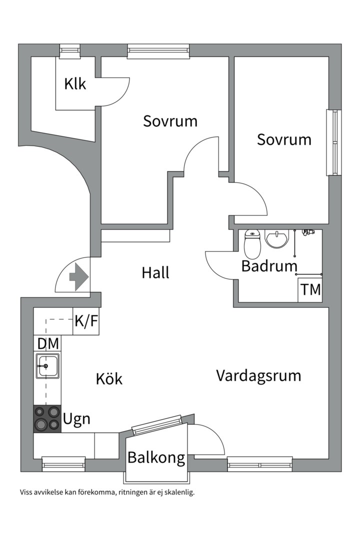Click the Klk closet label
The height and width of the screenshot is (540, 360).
[75, 83]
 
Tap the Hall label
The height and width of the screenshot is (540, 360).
[155, 273]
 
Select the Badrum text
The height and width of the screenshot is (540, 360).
[269, 266]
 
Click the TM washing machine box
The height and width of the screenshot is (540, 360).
[310, 290]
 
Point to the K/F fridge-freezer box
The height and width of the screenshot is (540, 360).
[86, 321]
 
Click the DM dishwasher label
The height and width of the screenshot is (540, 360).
[48, 343]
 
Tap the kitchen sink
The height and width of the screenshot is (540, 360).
[47, 365]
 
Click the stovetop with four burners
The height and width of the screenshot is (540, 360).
[47, 419]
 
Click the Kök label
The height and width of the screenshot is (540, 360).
[109, 379]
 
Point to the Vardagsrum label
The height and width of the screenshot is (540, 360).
[258, 375]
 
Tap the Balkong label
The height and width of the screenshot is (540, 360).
[156, 458]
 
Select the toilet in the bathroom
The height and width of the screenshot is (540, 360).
[252, 244]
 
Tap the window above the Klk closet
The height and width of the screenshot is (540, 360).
[70, 50]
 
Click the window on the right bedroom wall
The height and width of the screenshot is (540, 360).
[334, 142]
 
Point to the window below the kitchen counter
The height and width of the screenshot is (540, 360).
[63, 464]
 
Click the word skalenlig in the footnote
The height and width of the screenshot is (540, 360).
[179, 492]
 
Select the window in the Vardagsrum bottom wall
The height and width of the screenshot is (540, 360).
[260, 464]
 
